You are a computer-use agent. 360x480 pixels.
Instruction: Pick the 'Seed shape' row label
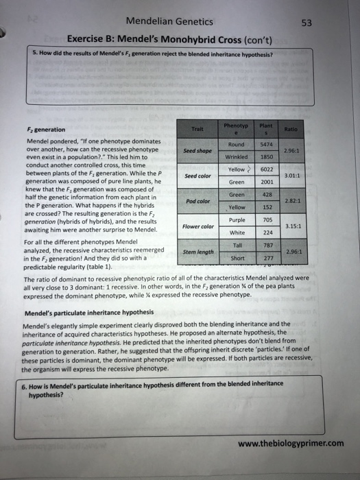point(197,151)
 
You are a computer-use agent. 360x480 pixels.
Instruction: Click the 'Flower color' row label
point(197,226)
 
